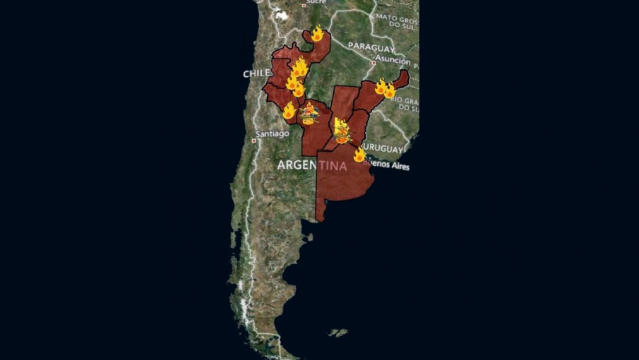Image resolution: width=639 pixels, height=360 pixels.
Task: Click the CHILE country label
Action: pos(257,73)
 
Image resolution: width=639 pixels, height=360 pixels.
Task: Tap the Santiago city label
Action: pos(273,133)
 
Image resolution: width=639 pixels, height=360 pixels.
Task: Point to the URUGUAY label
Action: pos(384,150)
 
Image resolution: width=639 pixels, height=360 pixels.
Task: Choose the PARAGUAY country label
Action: pos(370,49)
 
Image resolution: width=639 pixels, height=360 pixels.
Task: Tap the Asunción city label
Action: pos(393,60)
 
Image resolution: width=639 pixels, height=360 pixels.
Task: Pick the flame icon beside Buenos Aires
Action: pos(359,155)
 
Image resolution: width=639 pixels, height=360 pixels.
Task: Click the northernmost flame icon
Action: pos(317,33)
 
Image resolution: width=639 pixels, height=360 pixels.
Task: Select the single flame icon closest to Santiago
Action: pos(289,111)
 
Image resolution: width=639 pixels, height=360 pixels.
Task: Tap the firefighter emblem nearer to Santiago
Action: pos(309,114)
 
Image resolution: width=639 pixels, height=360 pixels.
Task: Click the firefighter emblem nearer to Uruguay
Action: pos(342,132)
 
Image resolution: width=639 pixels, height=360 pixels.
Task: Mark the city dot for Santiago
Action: pos(253,139)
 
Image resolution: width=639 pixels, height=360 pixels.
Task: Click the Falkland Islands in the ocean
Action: pos(339,332)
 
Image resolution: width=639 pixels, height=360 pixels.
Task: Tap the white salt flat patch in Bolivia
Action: pos(282,14)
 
